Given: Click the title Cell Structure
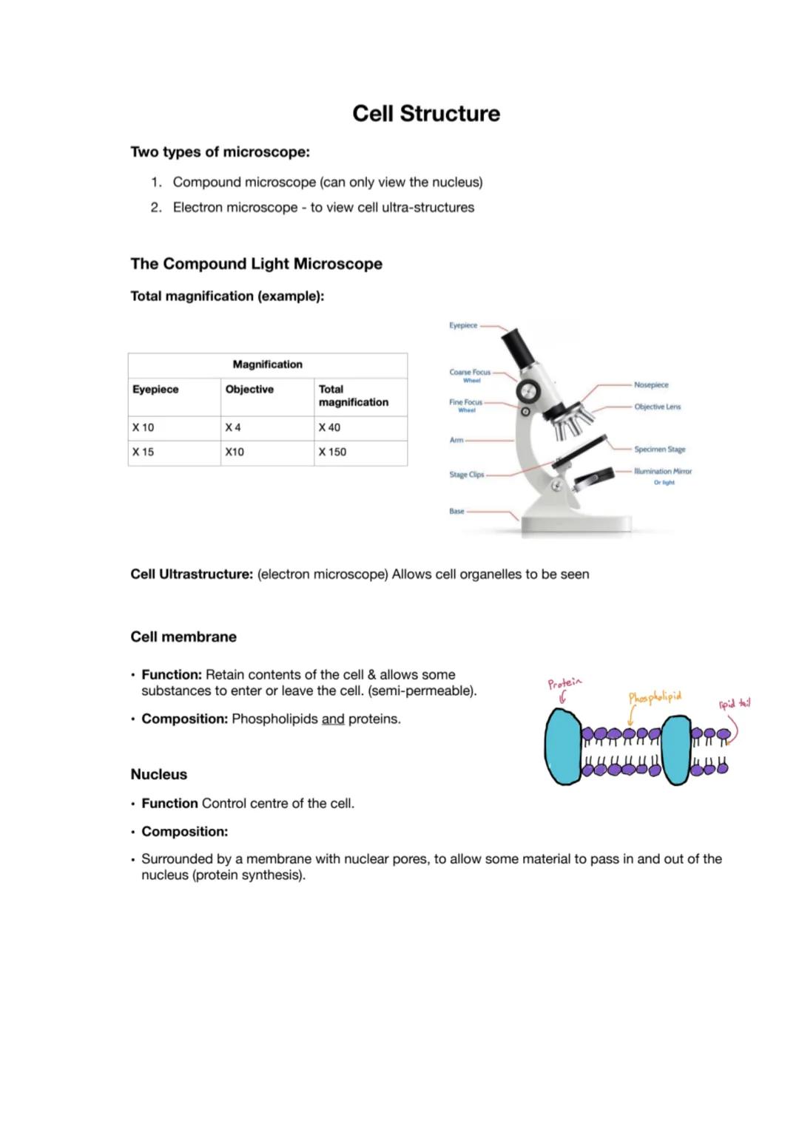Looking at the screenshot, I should click(x=426, y=113).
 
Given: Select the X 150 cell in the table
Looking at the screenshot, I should click(x=332, y=452).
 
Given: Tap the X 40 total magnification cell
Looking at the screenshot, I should click(x=329, y=427).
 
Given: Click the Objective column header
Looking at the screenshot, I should click(x=249, y=389).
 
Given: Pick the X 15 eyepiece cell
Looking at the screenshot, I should click(x=143, y=452).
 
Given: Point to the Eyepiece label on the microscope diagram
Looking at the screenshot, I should click(x=463, y=325).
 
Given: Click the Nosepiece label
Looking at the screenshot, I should click(x=651, y=384).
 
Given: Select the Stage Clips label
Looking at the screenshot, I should click(x=466, y=475).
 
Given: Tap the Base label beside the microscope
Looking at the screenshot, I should click(x=456, y=511).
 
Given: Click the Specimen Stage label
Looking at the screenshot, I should click(x=659, y=449).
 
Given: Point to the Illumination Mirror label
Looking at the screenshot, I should click(x=662, y=471).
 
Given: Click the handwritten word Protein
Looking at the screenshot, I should click(x=565, y=682).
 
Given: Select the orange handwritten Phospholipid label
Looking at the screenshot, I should click(x=655, y=697).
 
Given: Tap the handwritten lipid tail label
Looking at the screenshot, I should click(x=734, y=704).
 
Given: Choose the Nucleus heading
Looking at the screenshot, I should click(x=158, y=774).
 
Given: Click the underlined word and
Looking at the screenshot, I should click(x=333, y=719).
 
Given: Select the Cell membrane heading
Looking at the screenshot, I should click(x=183, y=637).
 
